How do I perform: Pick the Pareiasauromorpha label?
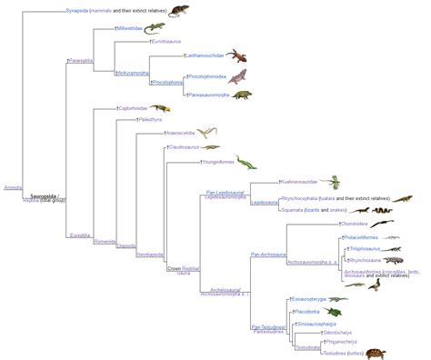(209, 95)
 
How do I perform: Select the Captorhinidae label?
(133, 107)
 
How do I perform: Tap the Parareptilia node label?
(82, 62)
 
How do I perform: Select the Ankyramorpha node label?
(134, 72)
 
